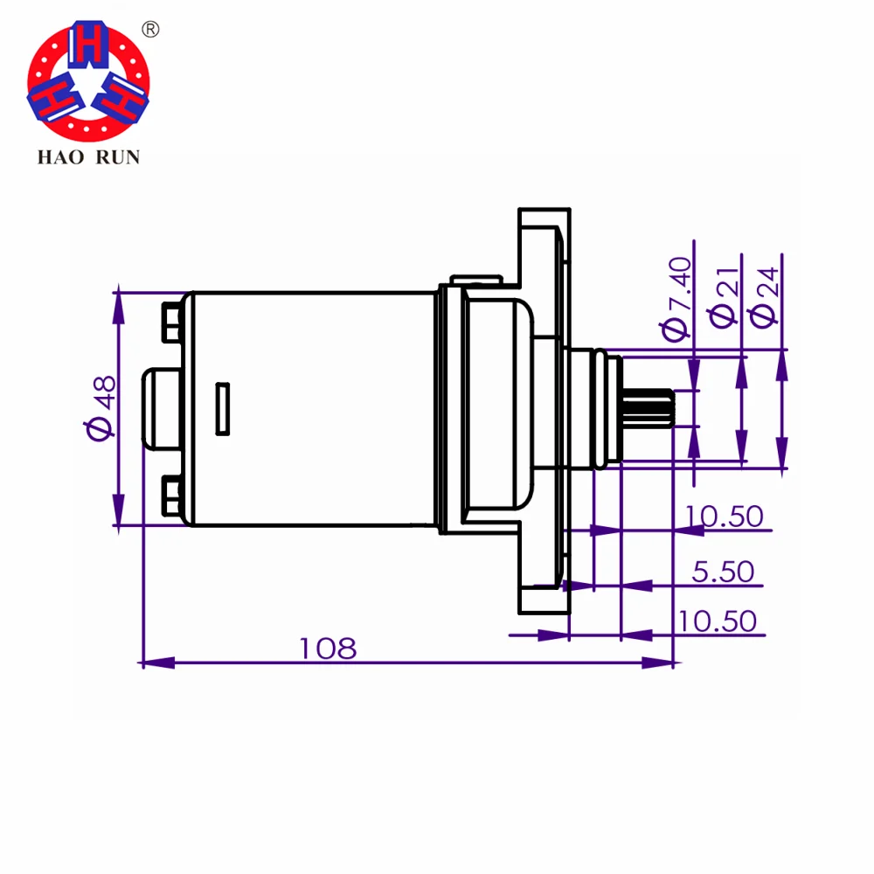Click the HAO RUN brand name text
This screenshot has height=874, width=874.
point(87,157)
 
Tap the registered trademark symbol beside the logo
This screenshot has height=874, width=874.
point(150,30)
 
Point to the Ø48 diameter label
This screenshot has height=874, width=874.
point(101,406)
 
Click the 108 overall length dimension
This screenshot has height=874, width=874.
point(328,649)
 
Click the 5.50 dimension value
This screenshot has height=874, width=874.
point(723,572)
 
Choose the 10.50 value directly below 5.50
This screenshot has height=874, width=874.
point(717,621)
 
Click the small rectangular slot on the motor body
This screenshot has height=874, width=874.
point(223,407)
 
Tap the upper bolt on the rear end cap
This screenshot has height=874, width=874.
point(171,321)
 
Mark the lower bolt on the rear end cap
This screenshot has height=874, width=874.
point(171,496)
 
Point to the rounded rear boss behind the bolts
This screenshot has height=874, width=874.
point(160,408)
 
